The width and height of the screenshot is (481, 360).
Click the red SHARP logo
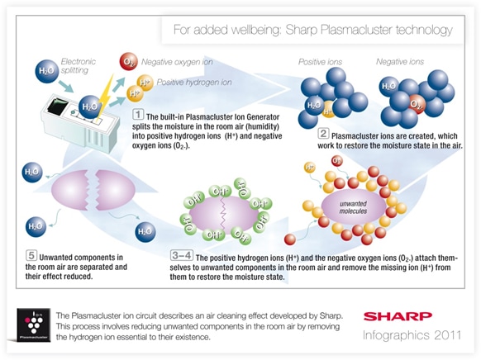tap(398, 316)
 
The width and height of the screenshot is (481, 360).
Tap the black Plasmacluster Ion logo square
tap(33, 325)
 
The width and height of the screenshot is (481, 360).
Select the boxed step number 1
tap(138, 115)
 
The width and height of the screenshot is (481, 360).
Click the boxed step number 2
tap(323, 134)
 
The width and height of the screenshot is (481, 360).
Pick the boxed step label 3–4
tap(182, 255)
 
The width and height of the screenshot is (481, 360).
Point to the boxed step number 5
tap(31, 255)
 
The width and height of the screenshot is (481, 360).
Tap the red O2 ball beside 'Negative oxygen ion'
tap(129, 62)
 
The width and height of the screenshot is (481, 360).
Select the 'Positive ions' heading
tap(320, 62)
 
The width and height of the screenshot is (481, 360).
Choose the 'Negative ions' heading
tap(400, 62)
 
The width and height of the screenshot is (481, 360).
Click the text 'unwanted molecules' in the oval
tap(353, 207)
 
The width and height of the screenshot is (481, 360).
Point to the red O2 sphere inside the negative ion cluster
tap(415, 105)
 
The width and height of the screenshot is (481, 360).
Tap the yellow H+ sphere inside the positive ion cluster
tap(328, 111)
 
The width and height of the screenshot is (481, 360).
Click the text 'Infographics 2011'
tap(412, 335)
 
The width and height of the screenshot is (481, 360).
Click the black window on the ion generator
tap(57, 108)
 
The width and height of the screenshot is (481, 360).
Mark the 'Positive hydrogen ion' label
tap(194, 83)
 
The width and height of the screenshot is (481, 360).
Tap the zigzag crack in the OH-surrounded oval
tap(223, 215)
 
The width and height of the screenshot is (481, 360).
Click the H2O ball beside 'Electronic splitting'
tap(46, 71)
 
